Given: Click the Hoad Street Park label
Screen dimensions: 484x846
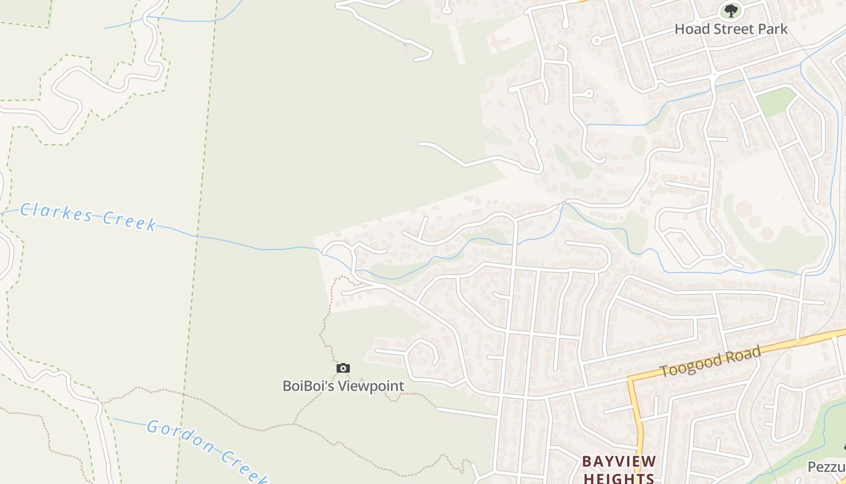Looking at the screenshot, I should [x=731, y=28].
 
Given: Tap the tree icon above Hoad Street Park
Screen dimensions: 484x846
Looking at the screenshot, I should [x=731, y=10].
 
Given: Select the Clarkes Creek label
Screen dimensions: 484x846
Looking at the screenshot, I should [x=88, y=217].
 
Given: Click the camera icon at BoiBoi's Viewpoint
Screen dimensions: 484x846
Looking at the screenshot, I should [x=343, y=368].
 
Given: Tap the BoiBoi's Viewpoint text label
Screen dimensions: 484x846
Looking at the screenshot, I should [x=343, y=385].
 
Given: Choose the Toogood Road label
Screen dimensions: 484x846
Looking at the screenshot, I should [x=709, y=362].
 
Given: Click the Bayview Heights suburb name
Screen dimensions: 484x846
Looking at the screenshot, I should [x=619, y=469].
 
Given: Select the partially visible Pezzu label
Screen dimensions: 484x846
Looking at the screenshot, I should [x=826, y=467].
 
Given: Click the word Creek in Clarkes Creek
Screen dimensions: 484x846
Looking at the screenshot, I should [x=130, y=221].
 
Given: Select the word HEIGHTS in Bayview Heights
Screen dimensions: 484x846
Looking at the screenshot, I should [x=619, y=478].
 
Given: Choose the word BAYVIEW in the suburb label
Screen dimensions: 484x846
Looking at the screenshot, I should [x=619, y=462].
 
